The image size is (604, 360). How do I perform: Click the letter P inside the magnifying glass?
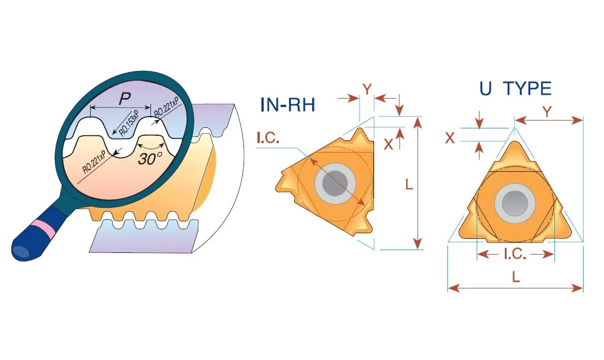point(125,99)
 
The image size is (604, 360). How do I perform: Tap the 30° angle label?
point(150,158)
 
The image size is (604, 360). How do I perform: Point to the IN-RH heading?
point(288,105)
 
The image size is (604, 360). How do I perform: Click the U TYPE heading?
point(516,88)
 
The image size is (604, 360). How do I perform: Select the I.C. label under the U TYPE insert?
point(515,254)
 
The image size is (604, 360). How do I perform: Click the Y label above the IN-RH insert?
point(367,90)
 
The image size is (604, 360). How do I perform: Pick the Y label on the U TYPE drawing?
point(547,112)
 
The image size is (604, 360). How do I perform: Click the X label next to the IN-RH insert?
point(388,144)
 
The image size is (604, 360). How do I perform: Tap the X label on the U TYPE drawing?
point(450,138)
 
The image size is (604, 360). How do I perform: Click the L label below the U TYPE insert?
point(516,277)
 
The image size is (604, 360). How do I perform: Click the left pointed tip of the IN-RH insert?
point(277,189)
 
